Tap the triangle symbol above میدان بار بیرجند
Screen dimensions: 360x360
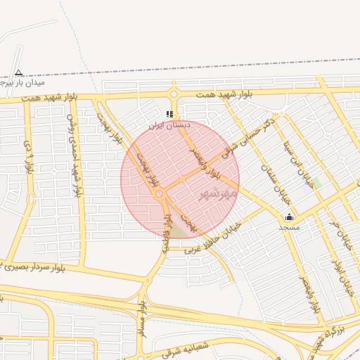(x=18, y=72)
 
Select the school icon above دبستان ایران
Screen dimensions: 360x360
(x=169, y=114)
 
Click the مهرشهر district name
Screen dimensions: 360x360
(x=214, y=192)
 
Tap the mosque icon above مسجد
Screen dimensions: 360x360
(x=289, y=217)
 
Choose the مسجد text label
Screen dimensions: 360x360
(x=289, y=227)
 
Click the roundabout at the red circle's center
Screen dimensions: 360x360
(x=160, y=193)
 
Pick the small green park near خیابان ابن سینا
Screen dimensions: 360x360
(x=316, y=182)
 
